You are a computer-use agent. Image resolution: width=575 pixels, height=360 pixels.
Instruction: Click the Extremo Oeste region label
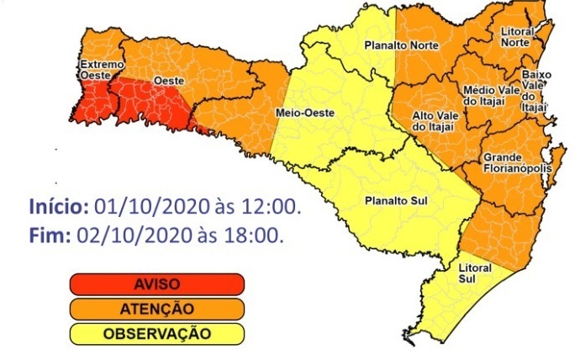point(102,70)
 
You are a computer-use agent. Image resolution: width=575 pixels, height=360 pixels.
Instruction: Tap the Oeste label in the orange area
point(164,81)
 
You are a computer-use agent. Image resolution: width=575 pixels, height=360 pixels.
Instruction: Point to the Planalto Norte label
point(395,45)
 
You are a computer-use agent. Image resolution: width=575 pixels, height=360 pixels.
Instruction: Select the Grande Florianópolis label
point(516,162)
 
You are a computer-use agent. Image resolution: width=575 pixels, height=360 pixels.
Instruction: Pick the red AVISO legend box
point(157,284)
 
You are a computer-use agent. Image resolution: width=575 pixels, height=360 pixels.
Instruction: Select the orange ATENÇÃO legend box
point(157,309)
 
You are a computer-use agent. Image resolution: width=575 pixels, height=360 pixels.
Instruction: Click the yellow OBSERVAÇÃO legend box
point(157,333)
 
